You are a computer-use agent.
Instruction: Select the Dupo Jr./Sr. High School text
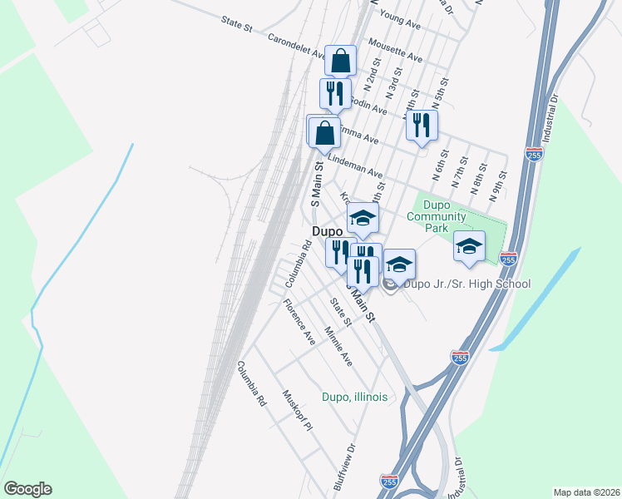(466, 284)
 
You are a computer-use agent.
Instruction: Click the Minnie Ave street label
(338, 347)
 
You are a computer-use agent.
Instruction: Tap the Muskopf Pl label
(296, 411)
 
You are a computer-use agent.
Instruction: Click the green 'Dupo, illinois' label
(354, 397)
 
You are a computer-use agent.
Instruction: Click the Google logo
(27, 489)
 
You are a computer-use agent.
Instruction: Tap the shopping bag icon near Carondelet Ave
(341, 61)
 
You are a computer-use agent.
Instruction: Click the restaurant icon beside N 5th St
(422, 125)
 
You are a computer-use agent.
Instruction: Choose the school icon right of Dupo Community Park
(469, 246)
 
